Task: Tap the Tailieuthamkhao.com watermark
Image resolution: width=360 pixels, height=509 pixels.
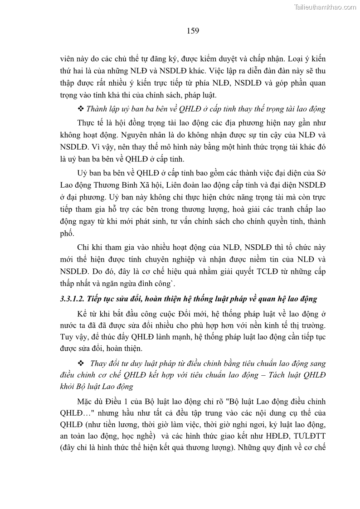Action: click(325, 7)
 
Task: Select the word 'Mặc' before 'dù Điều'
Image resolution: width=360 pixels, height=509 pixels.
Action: click(86, 401)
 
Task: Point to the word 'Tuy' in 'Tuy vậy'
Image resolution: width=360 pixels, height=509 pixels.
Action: click(67, 338)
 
